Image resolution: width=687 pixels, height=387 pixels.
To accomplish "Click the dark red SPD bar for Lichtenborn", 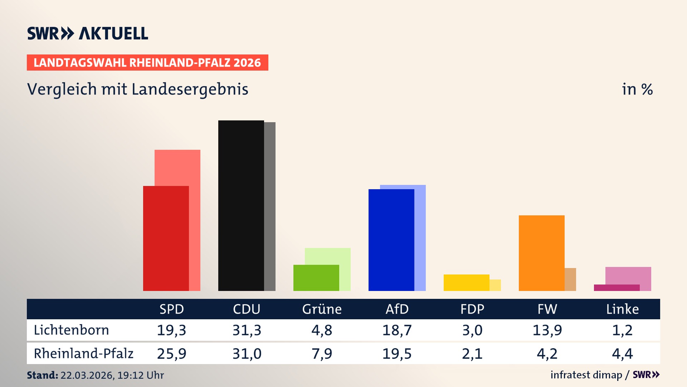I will tap(166, 238).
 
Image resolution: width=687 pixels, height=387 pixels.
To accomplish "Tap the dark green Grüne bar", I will tap(316, 278).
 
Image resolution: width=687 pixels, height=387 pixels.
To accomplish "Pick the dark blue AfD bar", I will tap(391, 240).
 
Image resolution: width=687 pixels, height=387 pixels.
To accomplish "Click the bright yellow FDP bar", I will tap(466, 282).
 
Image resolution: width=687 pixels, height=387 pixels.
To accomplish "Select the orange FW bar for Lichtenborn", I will tap(541, 253).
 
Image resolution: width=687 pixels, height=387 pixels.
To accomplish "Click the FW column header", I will tap(547, 309).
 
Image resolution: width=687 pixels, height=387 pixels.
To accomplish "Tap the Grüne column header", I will tap(322, 309).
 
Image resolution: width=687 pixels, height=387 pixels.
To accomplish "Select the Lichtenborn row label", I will tap(71, 330).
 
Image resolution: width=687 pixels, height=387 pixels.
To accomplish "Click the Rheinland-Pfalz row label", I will tap(83, 354).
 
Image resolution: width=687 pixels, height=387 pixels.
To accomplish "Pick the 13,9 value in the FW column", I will tap(547, 330).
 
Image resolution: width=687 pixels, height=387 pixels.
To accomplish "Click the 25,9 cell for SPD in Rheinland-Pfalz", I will tap(171, 354).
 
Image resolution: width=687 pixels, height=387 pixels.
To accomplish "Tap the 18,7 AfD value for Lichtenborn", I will tap(397, 330).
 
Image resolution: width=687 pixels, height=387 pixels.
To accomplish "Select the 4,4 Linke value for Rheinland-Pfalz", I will tap(622, 354).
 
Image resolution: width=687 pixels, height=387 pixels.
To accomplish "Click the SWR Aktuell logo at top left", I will tap(87, 33).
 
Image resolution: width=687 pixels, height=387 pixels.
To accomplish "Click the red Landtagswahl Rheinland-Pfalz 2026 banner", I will tap(147, 62).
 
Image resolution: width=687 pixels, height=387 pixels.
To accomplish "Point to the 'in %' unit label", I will tap(637, 89).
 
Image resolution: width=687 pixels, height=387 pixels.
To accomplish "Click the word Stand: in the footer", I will tap(42, 375).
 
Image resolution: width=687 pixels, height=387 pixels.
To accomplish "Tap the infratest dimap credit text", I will tap(586, 375).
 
